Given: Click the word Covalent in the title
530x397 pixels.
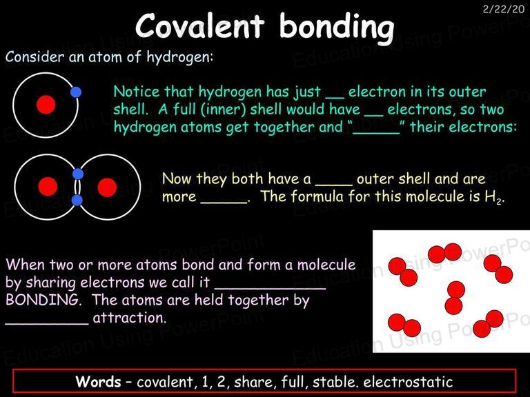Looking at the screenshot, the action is click(x=199, y=26).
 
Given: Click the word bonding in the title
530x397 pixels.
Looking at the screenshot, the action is click(x=337, y=28).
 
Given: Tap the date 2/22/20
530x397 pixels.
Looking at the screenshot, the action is click(x=503, y=9).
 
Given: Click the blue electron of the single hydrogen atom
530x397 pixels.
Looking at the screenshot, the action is click(x=76, y=92).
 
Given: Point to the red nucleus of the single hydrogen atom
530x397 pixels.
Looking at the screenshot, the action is click(x=46, y=105).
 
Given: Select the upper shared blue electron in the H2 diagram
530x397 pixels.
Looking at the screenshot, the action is click(x=78, y=174).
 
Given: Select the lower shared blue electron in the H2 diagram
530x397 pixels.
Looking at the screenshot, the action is click(x=77, y=200).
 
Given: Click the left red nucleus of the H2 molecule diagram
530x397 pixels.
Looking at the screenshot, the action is click(x=48, y=186).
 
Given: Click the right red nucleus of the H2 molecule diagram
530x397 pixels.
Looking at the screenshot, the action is click(x=107, y=187).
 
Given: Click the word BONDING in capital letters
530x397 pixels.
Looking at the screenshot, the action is click(x=42, y=300).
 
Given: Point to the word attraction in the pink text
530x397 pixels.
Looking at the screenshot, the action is click(x=129, y=318).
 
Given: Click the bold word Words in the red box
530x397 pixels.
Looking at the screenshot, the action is click(x=98, y=381).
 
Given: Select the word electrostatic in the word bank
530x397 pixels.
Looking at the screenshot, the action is click(x=408, y=382).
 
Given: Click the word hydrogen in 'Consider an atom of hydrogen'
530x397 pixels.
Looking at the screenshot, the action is click(x=179, y=57).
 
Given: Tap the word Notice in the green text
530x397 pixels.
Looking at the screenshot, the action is click(x=137, y=92).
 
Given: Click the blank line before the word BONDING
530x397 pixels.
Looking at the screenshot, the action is click(x=271, y=288).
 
